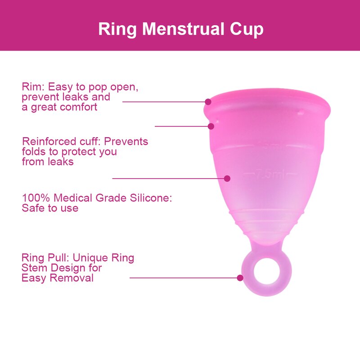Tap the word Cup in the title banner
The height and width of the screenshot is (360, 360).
tap(246, 29)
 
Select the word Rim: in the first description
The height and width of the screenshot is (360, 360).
tap(33, 87)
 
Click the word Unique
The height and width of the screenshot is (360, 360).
tap(91, 258)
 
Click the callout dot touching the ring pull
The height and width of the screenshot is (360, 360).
tap(240, 278)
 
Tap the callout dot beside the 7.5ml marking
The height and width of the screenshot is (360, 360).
tap(227, 179)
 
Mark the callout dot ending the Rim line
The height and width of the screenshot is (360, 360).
tap(208, 102)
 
